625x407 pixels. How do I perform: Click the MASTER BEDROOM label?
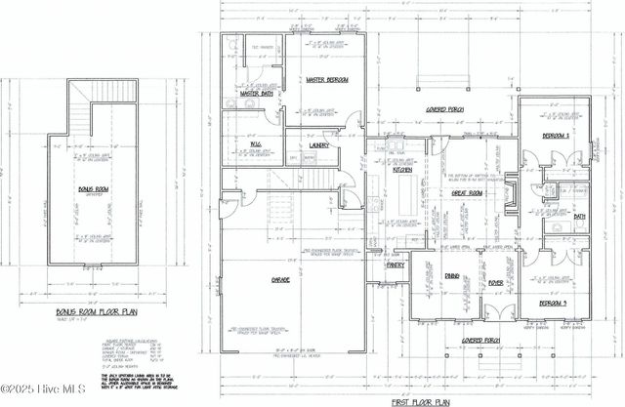coord(327,79)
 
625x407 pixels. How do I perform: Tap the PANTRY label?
coord(396,265)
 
